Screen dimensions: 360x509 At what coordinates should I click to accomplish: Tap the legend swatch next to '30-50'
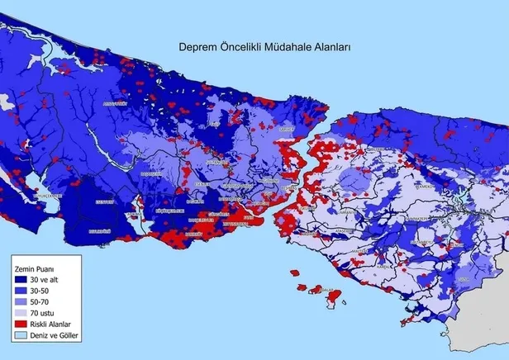click(21, 292)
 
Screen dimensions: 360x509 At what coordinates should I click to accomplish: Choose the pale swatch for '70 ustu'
click(21, 315)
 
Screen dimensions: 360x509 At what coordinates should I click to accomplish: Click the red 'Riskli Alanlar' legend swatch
click(21, 325)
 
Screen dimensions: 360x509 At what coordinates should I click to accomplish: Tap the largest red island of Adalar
click(334, 296)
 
